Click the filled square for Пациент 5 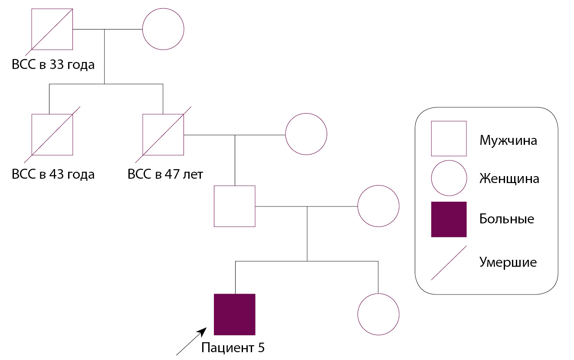(235, 314)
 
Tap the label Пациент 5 (233, 347)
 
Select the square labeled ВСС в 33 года (52, 29)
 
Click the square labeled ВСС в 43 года (52, 134)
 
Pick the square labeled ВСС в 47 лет (163, 134)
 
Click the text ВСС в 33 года (53, 65)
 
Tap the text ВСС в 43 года (53, 174)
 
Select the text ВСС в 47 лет (165, 174)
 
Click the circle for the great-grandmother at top (164, 29)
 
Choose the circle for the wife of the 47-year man (306, 134)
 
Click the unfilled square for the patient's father (235, 206)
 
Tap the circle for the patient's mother (378, 206)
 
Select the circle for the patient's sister (378, 314)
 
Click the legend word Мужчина (508, 141)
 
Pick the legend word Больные (506, 219)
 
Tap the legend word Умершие (508, 262)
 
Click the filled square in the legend (449, 219)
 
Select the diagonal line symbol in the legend (449, 263)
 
